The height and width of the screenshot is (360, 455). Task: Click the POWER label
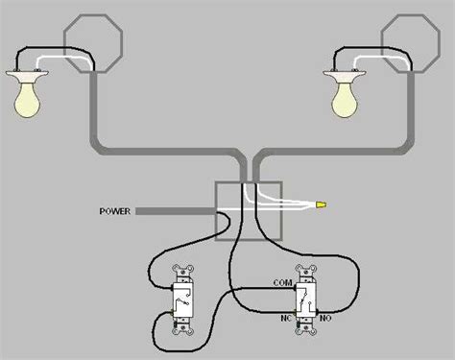115,211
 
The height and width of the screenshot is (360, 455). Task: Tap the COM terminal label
282,283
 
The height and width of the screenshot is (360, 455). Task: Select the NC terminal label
286,319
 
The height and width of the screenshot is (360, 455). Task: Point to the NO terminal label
325,319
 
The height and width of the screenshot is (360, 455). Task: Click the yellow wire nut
322,204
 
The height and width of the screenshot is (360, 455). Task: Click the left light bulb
27,101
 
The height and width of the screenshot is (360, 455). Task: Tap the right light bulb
345,101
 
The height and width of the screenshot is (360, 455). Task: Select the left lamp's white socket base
27,77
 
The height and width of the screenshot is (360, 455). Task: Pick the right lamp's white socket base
345,77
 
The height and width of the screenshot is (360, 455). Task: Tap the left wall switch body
183,300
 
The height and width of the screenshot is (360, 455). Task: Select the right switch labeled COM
307,300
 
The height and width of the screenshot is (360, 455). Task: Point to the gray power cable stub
175,211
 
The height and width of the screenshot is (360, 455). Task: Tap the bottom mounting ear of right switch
307,329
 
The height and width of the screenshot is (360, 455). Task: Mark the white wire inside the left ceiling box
64,58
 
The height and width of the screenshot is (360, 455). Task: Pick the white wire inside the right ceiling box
381,58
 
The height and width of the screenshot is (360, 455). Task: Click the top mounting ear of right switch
307,270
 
